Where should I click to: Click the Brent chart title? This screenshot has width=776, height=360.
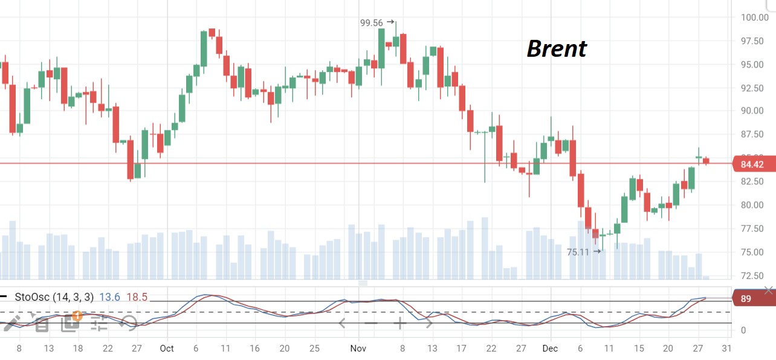557,49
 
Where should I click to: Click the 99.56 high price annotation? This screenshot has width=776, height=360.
372,23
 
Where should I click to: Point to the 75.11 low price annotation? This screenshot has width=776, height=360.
578,252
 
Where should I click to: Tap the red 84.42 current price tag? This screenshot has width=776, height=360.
751,164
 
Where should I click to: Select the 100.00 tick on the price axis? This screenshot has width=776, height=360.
754,18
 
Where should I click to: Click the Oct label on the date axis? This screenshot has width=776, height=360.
167,349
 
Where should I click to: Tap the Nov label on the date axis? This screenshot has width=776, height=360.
358,349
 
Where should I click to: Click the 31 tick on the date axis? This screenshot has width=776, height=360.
727,349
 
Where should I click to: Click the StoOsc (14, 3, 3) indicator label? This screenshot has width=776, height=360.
54,297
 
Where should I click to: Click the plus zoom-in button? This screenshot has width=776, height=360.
399,323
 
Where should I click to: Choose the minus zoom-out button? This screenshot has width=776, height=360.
370,323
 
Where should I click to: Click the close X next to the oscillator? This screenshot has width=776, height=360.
768,291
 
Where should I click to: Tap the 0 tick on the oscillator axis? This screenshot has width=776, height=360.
743,330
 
